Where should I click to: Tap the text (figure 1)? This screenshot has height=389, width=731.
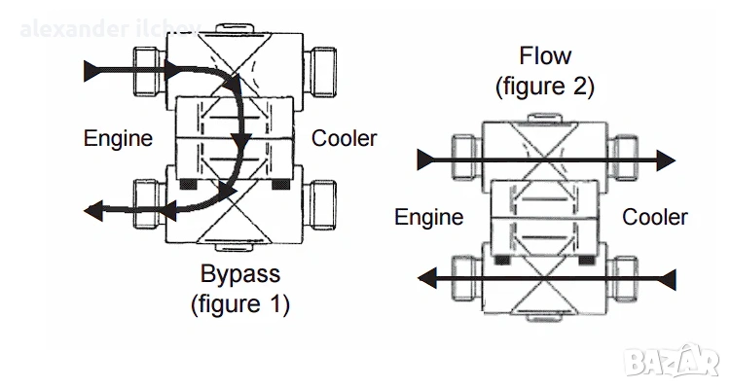pos(239,303)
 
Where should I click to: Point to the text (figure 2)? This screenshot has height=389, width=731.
pos(545,86)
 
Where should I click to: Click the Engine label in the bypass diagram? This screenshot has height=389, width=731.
pos(118,138)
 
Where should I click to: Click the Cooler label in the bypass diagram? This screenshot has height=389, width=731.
pos(344,138)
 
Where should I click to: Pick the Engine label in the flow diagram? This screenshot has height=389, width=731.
pos(428,216)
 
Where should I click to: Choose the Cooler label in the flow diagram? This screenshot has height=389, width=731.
pos(655,216)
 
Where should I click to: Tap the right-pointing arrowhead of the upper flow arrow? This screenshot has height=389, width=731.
pos(665,159)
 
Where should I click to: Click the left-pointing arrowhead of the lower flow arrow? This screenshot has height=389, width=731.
pos(425,280)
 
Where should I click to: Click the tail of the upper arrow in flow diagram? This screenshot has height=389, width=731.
pos(422,159)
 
